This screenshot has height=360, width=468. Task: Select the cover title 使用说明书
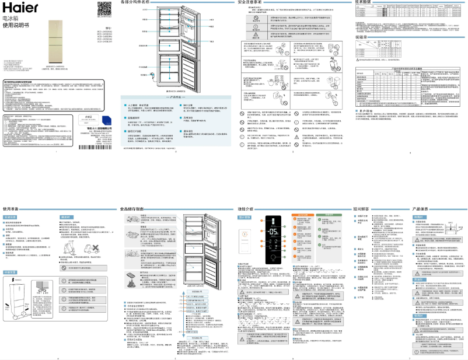coord(16,26)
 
